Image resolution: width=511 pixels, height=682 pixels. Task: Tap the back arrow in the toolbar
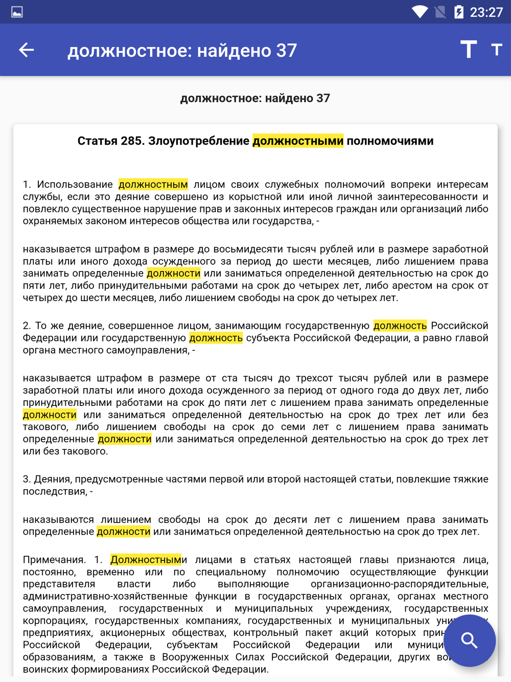pyautogui.click(x=27, y=50)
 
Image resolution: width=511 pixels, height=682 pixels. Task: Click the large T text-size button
pyautogui.click(x=468, y=50)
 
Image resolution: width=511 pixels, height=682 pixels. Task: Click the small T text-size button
pyautogui.click(x=496, y=50)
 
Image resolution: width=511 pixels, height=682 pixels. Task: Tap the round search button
pyautogui.click(x=469, y=641)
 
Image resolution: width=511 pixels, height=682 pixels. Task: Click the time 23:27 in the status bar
pyautogui.click(x=486, y=12)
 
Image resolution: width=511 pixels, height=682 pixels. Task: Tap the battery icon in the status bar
pyautogui.click(x=458, y=12)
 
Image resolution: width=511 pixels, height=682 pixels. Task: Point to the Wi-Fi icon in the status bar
pyautogui.click(x=420, y=12)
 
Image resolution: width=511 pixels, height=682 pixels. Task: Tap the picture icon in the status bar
pyautogui.click(x=17, y=12)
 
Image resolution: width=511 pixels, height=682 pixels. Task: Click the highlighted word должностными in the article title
pyautogui.click(x=298, y=141)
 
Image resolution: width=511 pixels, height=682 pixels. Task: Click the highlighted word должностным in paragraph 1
pyautogui.click(x=153, y=185)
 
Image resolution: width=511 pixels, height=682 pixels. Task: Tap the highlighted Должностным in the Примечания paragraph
pyautogui.click(x=146, y=560)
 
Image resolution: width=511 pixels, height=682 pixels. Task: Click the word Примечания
pyautogui.click(x=54, y=560)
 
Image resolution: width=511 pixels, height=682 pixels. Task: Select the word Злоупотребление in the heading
pyautogui.click(x=198, y=141)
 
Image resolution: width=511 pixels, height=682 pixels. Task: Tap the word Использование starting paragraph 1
pyautogui.click(x=75, y=185)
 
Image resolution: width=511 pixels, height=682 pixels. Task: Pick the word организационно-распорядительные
pyautogui.click(x=399, y=584)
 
